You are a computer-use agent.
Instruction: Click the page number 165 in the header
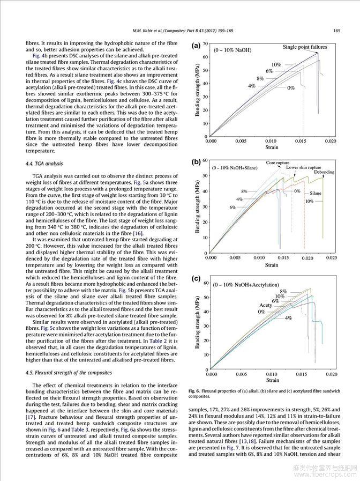(336, 30)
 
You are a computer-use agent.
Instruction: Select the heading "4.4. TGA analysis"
(45, 163)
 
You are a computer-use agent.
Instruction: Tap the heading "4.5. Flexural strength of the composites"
(69, 372)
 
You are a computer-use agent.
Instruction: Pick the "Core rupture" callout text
(277, 162)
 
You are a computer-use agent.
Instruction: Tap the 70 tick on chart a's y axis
(205, 43)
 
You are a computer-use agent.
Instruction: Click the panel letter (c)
(196, 279)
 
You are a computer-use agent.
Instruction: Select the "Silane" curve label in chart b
(316, 193)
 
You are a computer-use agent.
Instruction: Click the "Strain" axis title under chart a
(272, 146)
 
